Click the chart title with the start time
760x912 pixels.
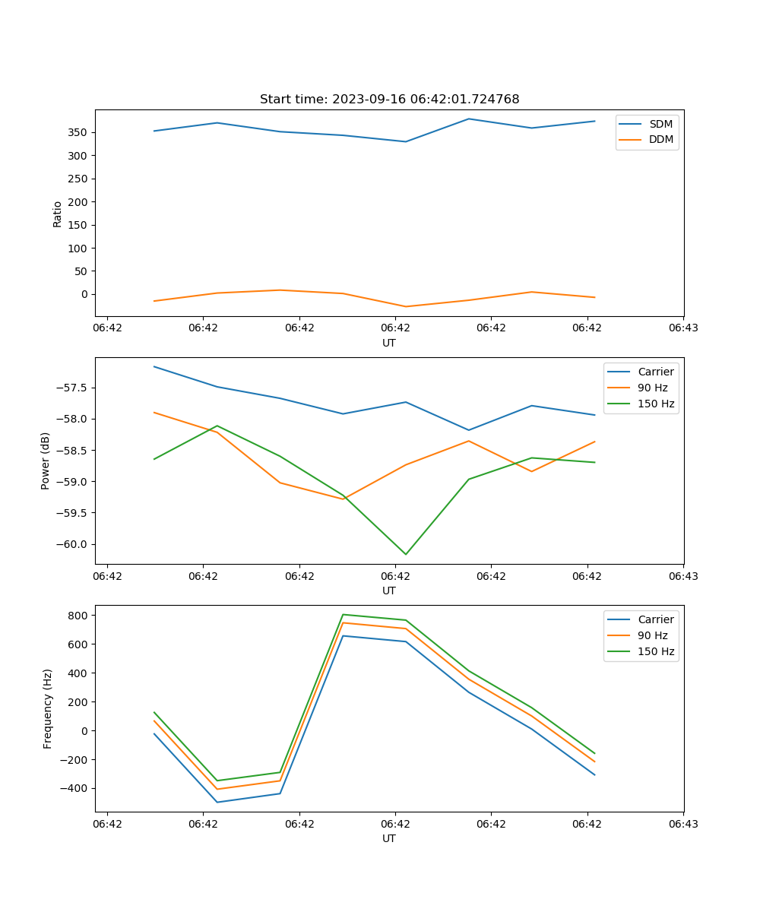389,100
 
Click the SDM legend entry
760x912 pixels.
660,124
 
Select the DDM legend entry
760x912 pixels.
660,139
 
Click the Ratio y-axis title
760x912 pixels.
58,214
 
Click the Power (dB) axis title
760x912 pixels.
46,461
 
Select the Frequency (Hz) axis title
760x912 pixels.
48,708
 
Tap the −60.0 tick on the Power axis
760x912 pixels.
73,544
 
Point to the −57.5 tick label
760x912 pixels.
73,388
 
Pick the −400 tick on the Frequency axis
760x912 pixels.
77,789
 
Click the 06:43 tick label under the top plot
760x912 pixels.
683,328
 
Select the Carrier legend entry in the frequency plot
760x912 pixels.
655,619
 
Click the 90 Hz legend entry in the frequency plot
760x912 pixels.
653,635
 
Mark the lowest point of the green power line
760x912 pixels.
405,554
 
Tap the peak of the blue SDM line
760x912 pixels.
469,119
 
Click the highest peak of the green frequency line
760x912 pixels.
343,614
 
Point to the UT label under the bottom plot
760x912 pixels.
389,838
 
